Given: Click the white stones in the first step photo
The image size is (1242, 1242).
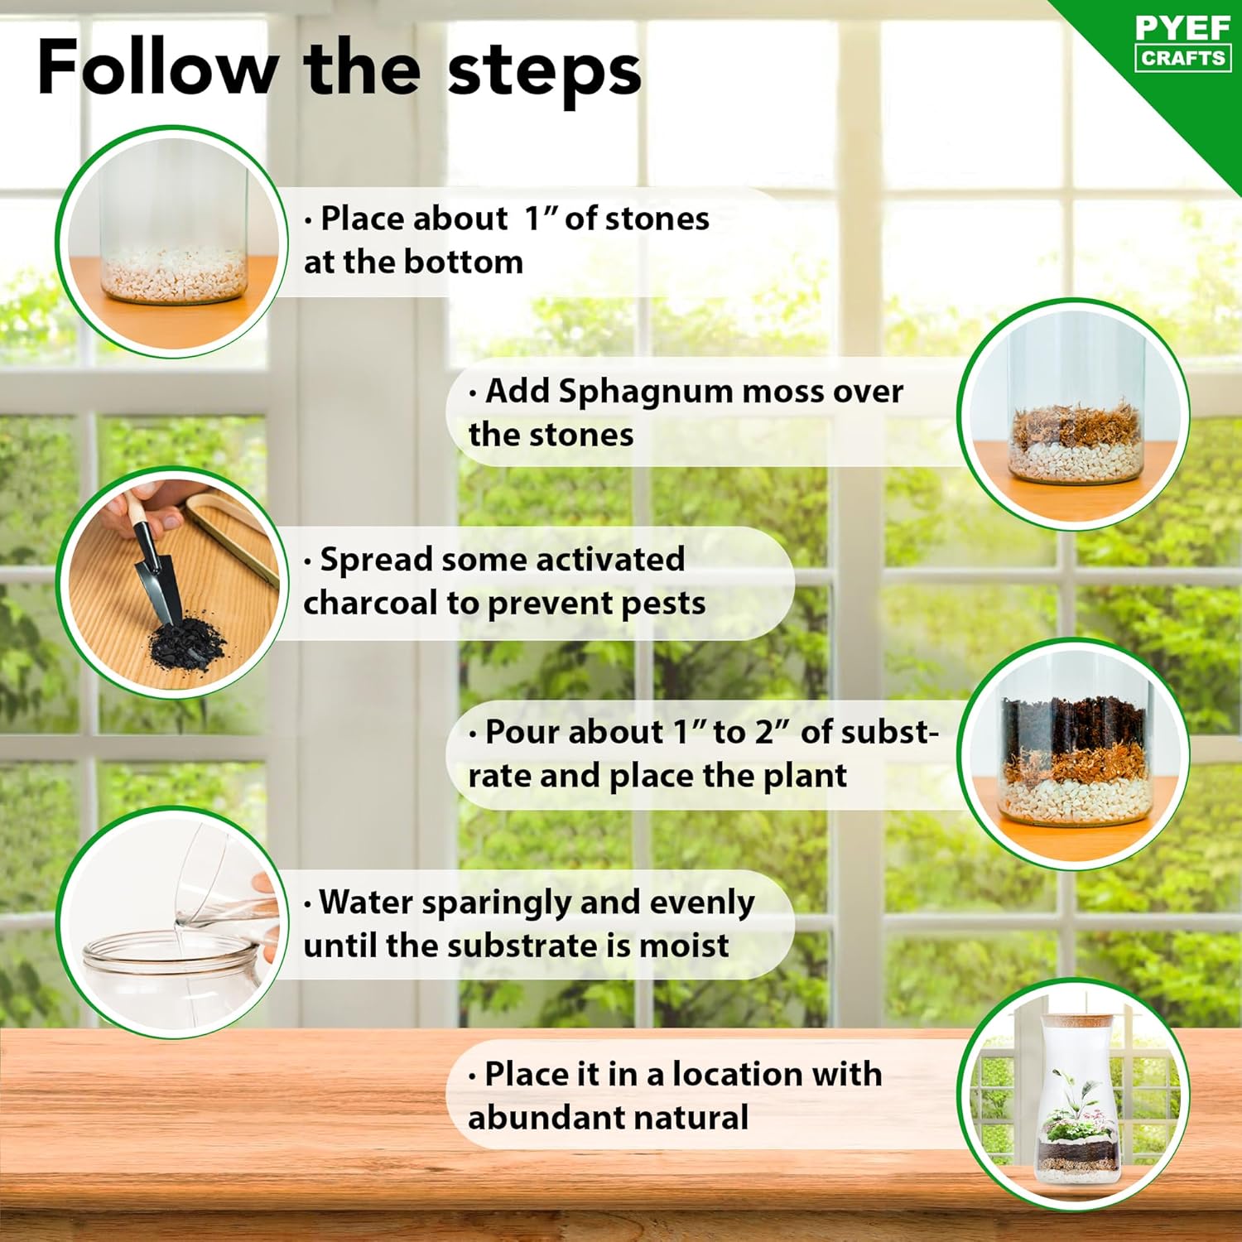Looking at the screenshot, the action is point(174,274).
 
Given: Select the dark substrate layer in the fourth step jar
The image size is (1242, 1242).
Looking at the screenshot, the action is point(1074,724).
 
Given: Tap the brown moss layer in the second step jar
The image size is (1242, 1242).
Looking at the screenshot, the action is point(1075,426).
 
